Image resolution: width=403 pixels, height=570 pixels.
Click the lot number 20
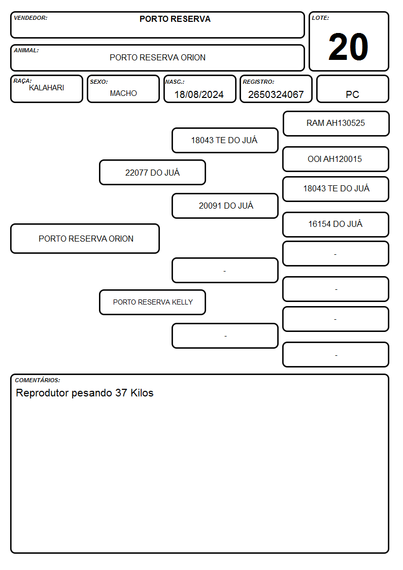point(348,47)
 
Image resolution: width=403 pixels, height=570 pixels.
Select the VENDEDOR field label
point(30,18)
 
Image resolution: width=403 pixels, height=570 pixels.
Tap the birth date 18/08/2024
point(199,94)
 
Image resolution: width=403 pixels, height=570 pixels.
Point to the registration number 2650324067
point(276,94)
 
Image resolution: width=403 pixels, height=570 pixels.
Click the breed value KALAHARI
point(47,88)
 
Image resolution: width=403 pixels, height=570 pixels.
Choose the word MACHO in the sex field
point(123,93)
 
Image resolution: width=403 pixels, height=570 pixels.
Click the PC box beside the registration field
point(352,89)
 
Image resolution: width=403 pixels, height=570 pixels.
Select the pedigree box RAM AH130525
point(336,124)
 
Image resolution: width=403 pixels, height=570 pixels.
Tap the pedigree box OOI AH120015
point(335,159)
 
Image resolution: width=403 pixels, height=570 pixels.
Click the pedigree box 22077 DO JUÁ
point(152,172)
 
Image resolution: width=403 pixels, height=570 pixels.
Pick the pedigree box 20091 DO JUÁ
point(225,206)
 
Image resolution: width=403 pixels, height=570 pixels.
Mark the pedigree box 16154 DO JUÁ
point(335,224)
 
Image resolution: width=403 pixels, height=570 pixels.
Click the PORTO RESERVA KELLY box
point(152,302)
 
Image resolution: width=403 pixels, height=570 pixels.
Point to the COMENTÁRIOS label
point(38,380)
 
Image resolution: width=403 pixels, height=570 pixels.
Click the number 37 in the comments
point(121,393)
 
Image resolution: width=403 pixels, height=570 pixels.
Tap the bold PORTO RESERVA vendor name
point(175,19)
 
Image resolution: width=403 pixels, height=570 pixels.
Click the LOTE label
point(320,18)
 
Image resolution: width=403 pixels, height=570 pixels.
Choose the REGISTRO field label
point(258,82)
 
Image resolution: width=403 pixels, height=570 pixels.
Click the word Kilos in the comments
point(142,393)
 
